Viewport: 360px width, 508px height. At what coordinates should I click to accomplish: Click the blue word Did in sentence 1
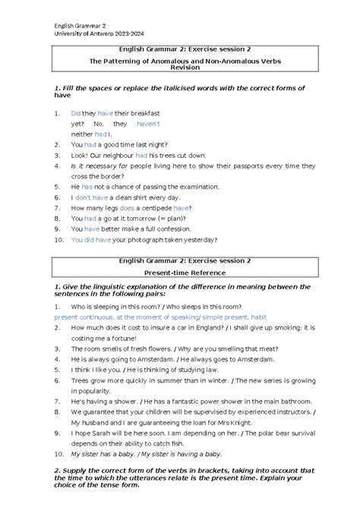pyautogui.click(x=76, y=112)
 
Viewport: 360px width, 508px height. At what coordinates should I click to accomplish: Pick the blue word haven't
pyautogui.click(x=149, y=123)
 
